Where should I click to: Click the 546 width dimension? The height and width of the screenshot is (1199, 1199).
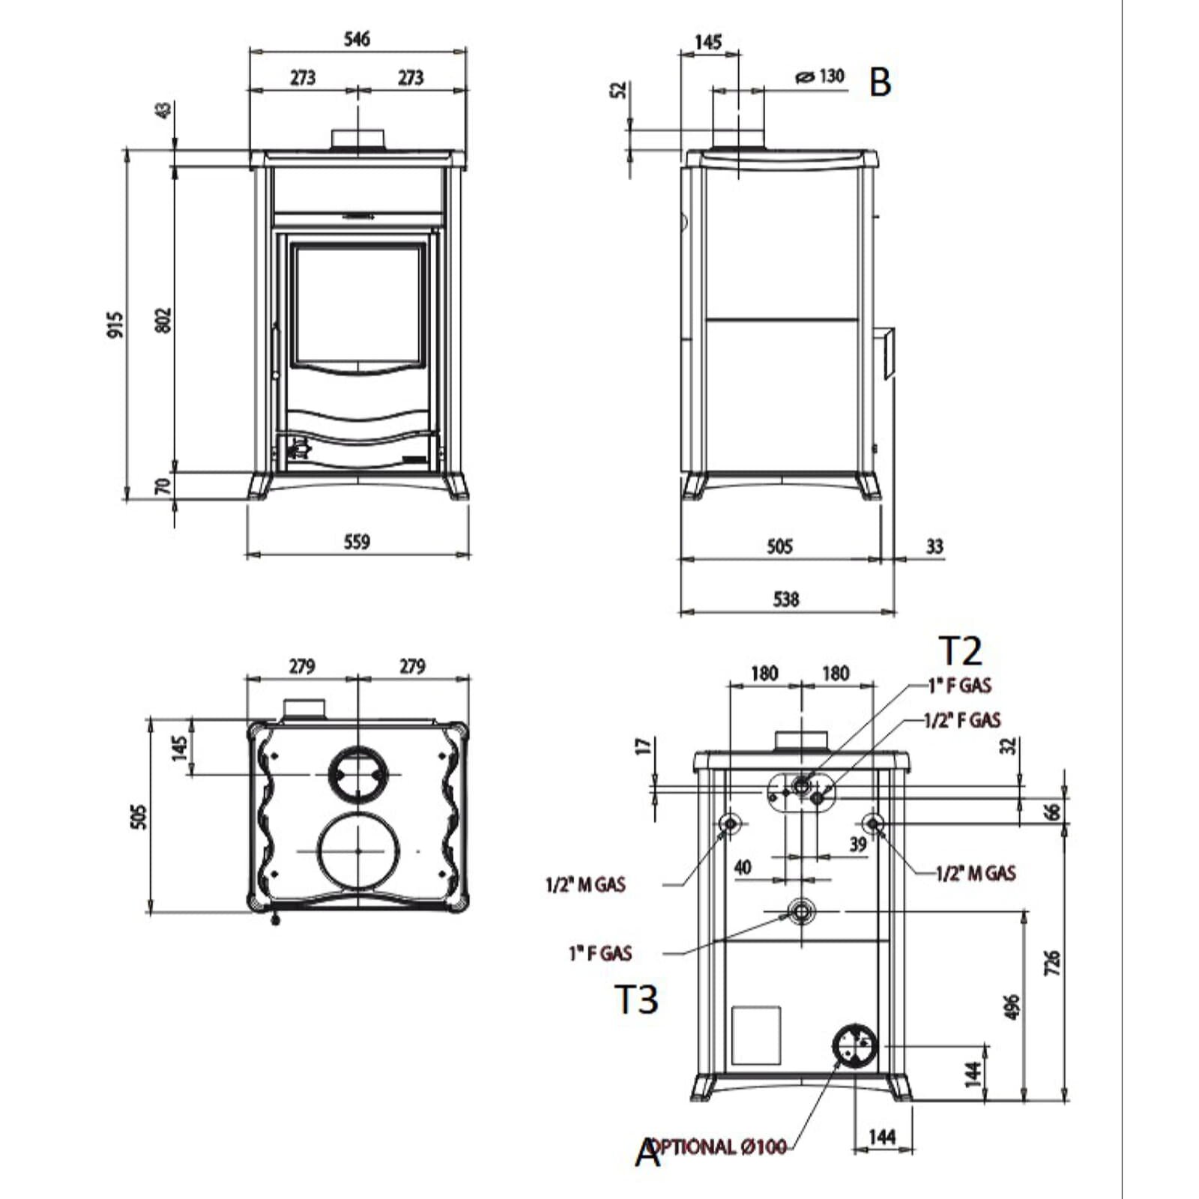pos(357,38)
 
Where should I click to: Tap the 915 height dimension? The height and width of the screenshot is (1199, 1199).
pos(115,324)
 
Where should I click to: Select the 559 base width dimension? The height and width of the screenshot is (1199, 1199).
pos(357,541)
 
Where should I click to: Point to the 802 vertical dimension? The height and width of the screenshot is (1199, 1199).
pos(164,320)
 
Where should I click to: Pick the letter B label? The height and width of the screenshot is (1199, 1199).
pos(881,82)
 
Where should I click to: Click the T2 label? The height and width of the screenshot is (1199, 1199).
pos(960,650)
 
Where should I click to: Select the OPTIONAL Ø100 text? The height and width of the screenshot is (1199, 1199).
pos(717,1146)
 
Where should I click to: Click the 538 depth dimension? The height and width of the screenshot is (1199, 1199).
pos(785,599)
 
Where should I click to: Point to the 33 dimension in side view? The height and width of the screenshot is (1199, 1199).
pos(934,546)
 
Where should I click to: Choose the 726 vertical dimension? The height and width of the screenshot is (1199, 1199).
pos(1052,962)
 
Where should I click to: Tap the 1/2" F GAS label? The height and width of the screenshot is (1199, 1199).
pos(962,720)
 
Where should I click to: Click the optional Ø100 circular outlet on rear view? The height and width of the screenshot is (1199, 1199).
pos(854,1045)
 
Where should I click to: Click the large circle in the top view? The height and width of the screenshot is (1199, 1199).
pos(358,851)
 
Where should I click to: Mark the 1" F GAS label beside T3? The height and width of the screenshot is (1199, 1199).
pos(601,953)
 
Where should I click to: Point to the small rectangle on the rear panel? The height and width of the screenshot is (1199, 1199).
pos(756,1036)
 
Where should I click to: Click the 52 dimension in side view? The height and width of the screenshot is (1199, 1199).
pos(619,89)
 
